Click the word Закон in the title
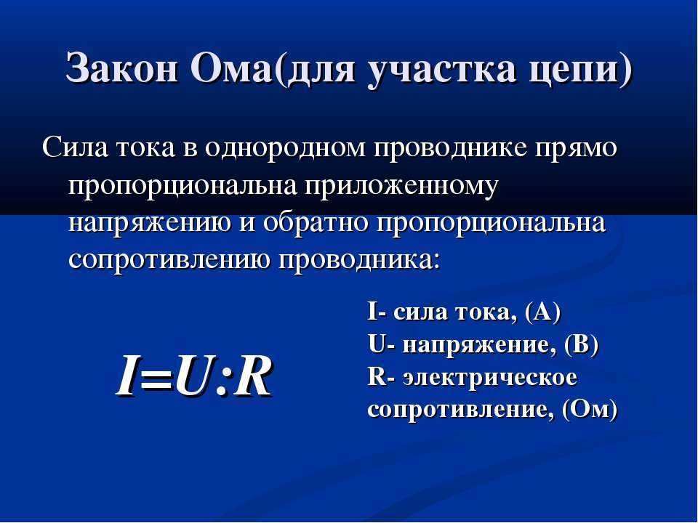121,68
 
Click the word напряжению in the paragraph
150,224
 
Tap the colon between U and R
222,384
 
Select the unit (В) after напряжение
581,344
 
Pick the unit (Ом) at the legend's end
590,409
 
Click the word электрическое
490,378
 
